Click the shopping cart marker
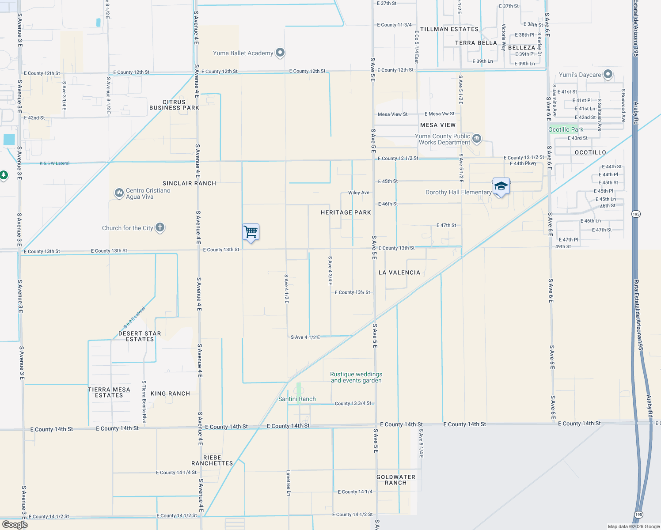251,231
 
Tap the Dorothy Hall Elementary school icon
501,186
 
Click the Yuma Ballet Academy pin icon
280,53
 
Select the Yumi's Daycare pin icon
608,75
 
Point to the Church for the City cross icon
160,227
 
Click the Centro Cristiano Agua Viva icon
119,193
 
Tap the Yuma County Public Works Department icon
477,139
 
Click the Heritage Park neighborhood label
346,212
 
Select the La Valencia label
399,273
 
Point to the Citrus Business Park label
174,105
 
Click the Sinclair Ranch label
189,183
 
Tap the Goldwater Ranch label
396,480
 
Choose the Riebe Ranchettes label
212,460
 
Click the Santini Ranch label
297,399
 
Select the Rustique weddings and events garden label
356,377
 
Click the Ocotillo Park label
566,129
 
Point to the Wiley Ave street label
359,193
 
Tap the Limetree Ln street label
289,483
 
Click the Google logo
15,525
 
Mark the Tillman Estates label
449,29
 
